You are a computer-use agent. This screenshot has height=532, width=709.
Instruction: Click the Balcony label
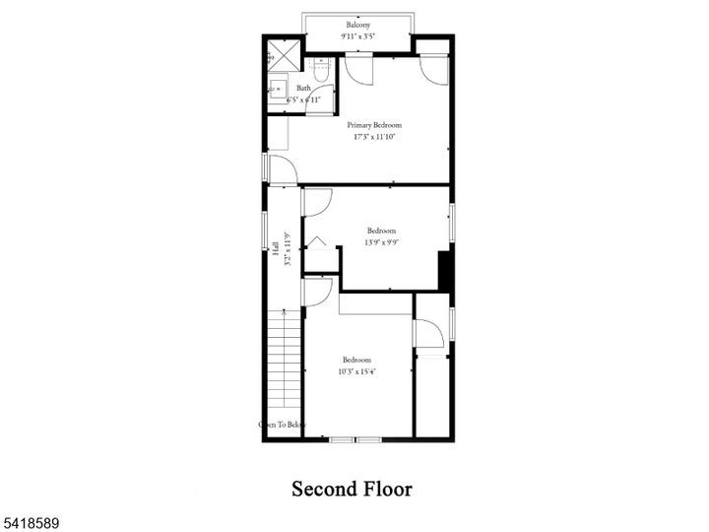coord(357,25)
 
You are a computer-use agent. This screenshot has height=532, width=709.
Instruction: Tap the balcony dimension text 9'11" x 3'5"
coord(357,36)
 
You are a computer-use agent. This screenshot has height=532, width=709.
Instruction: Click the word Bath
coord(303,88)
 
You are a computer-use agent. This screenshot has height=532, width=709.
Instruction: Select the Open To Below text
coord(282,425)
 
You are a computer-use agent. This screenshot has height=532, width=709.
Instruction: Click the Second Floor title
coord(352,489)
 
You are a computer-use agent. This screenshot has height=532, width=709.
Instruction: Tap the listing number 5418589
coord(31,517)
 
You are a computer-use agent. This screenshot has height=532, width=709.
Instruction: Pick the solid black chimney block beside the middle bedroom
coord(444,271)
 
